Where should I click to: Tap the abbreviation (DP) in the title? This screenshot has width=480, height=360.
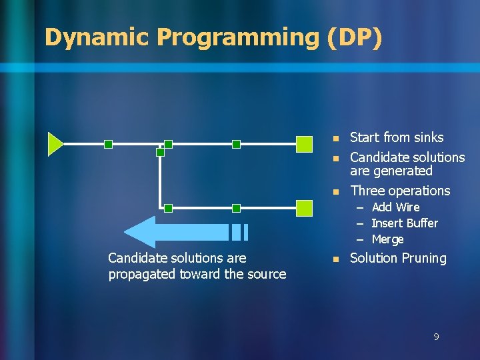(355, 37)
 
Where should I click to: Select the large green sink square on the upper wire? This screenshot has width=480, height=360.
(304, 144)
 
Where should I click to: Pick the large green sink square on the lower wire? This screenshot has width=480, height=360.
(304, 208)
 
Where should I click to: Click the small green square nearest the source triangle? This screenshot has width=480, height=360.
(108, 144)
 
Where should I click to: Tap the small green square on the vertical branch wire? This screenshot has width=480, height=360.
(160, 152)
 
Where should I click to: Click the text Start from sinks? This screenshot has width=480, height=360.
(396, 137)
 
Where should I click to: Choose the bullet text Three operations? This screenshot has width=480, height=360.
(400, 191)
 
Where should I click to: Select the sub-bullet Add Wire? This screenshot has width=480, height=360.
(395, 207)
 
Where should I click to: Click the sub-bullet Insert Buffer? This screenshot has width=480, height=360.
(404, 223)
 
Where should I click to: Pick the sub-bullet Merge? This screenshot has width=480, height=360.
(387, 239)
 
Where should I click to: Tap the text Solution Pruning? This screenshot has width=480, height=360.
(398, 258)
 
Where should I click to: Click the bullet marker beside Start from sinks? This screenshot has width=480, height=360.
(336, 138)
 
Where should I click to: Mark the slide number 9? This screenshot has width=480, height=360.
(436, 337)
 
